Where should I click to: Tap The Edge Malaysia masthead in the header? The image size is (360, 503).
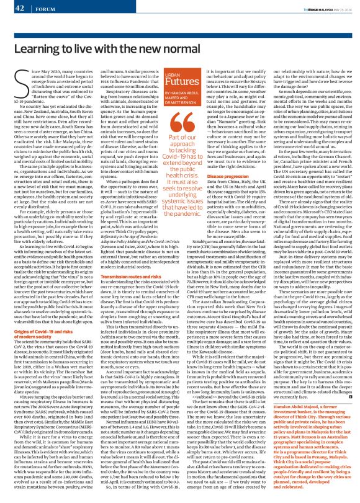point(310,7)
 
